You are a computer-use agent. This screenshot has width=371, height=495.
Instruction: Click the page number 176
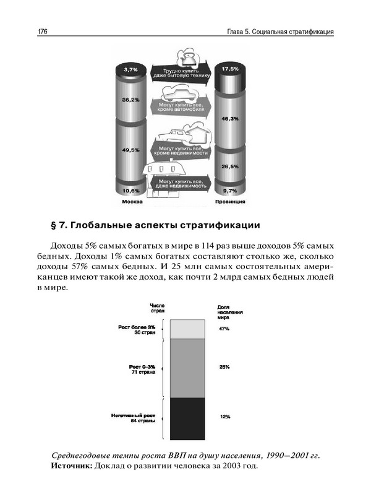[43, 31]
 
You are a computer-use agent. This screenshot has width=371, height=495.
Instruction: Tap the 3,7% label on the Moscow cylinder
[130, 70]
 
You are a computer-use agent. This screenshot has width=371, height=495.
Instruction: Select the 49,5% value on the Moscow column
[130, 150]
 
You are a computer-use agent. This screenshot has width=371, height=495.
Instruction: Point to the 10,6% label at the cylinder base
[130, 190]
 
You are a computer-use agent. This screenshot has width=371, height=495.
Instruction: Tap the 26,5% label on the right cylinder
[229, 166]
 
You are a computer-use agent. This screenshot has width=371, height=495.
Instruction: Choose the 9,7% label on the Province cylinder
[229, 191]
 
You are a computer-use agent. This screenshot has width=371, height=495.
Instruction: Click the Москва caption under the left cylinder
[131, 202]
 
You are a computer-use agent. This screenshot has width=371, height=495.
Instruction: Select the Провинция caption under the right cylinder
[231, 202]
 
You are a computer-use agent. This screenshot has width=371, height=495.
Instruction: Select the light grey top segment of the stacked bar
[187, 329]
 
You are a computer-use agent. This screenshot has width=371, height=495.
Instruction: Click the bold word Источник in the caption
[72, 465]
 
